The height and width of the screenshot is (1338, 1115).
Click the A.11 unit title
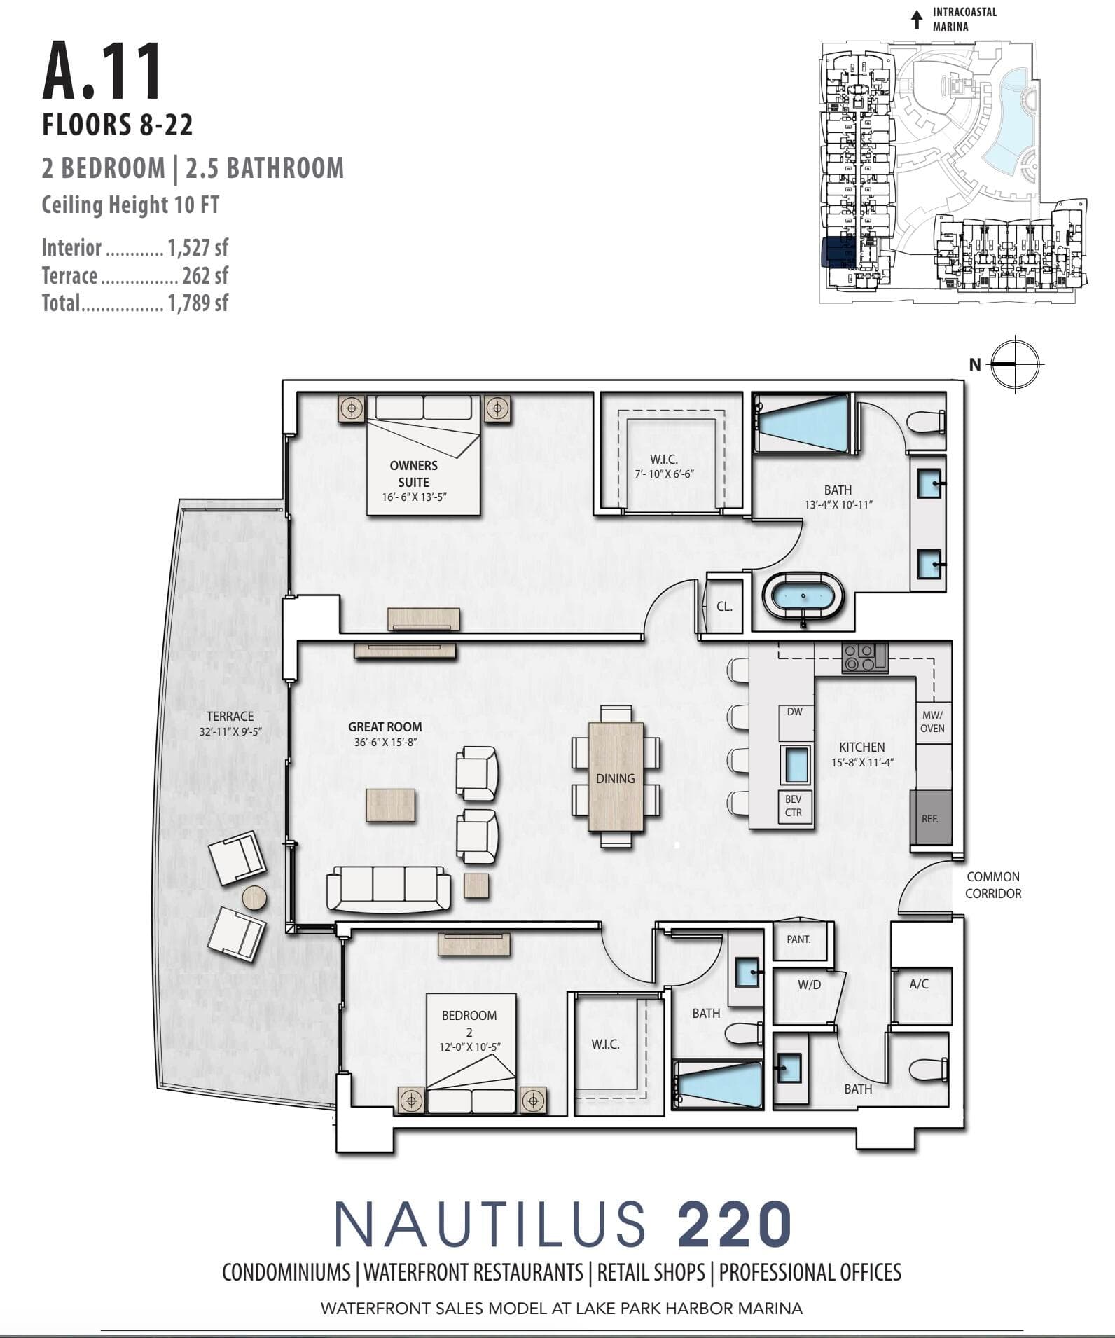102,71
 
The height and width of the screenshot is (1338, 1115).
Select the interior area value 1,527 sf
198,247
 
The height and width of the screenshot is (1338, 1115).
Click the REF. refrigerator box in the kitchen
930,819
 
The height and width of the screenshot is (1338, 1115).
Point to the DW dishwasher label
794,712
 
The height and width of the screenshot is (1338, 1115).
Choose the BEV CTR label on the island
794,806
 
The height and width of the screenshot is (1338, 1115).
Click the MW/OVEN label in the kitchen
932,722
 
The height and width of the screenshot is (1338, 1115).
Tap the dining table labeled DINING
616,776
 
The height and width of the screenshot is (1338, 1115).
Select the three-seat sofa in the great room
388,890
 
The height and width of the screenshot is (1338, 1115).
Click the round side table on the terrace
254,897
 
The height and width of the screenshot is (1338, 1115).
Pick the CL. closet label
725,607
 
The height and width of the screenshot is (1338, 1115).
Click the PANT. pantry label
798,939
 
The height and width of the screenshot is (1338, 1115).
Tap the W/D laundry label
809,985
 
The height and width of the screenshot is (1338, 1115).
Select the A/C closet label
919,984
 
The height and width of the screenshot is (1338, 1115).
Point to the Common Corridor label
993,885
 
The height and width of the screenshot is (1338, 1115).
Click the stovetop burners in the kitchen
864,658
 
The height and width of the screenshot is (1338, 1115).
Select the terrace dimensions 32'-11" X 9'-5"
230,732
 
